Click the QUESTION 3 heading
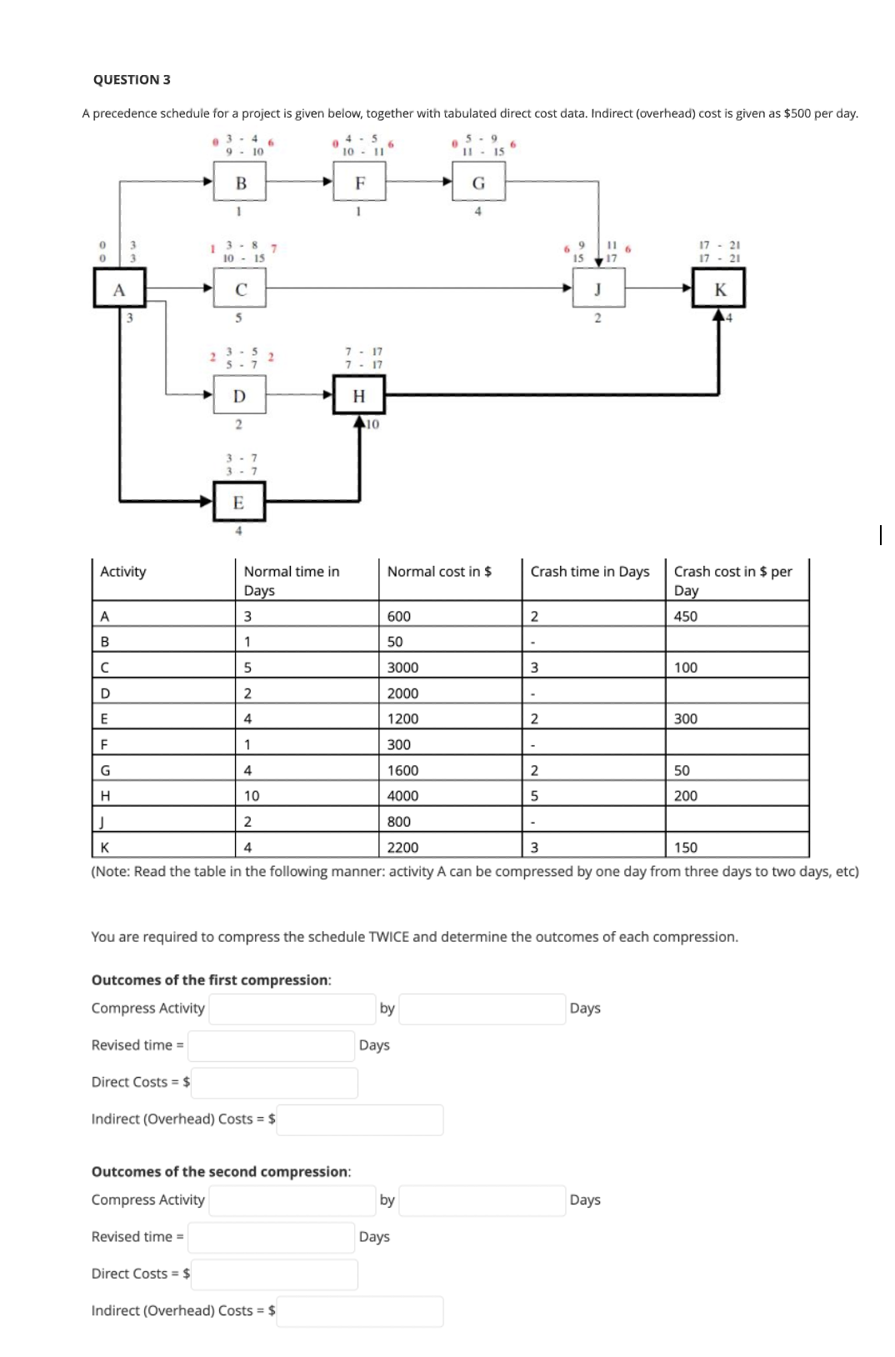pyautogui.click(x=132, y=79)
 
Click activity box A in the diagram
pyautogui.click(x=119, y=289)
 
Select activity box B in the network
pyautogui.click(x=241, y=183)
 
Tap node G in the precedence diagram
pyautogui.click(x=478, y=183)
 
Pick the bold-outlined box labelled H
pyautogui.click(x=359, y=395)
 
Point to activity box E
pyautogui.click(x=238, y=502)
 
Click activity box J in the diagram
pyautogui.click(x=597, y=289)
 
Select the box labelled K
pyautogui.click(x=720, y=289)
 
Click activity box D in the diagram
pyautogui.click(x=239, y=395)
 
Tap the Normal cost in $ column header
pyautogui.click(x=439, y=571)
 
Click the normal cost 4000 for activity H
pyautogui.click(x=402, y=795)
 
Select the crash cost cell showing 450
pyautogui.click(x=685, y=616)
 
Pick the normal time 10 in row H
pyautogui.click(x=252, y=795)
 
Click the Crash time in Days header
pyautogui.click(x=590, y=571)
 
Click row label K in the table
pyautogui.click(x=105, y=847)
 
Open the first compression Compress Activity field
pyautogui.click(x=292, y=1009)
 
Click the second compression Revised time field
pyautogui.click(x=272, y=1237)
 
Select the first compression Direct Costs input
pyautogui.click(x=275, y=1082)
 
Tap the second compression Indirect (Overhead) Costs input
pyautogui.click(x=360, y=1310)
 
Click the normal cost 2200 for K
pyautogui.click(x=402, y=847)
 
